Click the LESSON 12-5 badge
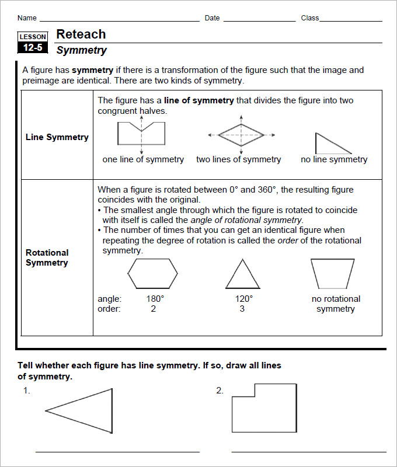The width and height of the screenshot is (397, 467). (x=33, y=43)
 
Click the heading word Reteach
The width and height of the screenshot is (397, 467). (x=81, y=34)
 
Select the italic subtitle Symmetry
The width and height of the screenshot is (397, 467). (x=81, y=50)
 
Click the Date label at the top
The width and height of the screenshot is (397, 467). (x=212, y=18)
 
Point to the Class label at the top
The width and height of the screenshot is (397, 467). (x=309, y=18)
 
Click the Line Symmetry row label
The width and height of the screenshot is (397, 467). (x=57, y=137)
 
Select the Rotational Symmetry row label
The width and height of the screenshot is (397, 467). (x=47, y=257)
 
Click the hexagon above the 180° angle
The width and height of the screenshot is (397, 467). (x=153, y=273)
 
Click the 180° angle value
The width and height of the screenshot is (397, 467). (x=155, y=299)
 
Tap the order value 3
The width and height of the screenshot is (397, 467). (x=242, y=309)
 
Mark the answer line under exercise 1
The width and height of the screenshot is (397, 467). (x=117, y=451)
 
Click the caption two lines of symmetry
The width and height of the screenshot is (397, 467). (x=238, y=159)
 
